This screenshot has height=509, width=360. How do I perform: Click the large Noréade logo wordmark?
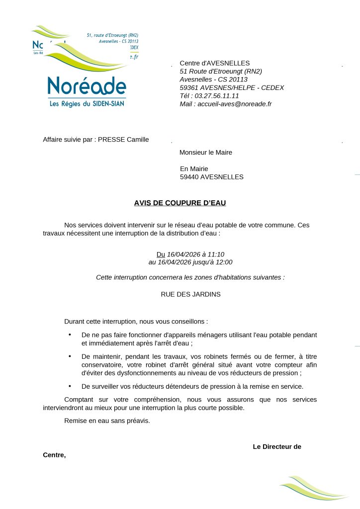point(87,86)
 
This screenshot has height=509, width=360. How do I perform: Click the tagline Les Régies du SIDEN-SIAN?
point(87,104)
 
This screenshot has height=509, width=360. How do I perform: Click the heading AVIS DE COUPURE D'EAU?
point(180,203)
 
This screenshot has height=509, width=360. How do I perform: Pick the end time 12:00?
point(224,262)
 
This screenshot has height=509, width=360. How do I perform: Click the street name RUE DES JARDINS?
point(190,294)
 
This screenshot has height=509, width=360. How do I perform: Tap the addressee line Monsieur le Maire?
point(205,153)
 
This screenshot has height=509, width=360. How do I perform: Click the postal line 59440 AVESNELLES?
point(212,177)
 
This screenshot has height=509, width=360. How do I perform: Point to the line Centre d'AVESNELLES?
point(214,63)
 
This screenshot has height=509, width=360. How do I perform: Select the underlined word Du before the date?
point(161,254)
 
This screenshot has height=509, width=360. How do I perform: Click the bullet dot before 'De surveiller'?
point(70,386)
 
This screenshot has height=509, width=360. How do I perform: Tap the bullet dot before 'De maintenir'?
point(70,356)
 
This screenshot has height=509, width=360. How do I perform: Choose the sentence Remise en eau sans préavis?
point(107,421)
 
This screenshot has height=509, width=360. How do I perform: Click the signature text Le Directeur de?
point(277,447)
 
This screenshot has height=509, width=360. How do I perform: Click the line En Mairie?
point(194,169)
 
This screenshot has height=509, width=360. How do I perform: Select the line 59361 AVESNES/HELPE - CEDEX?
point(232,88)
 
